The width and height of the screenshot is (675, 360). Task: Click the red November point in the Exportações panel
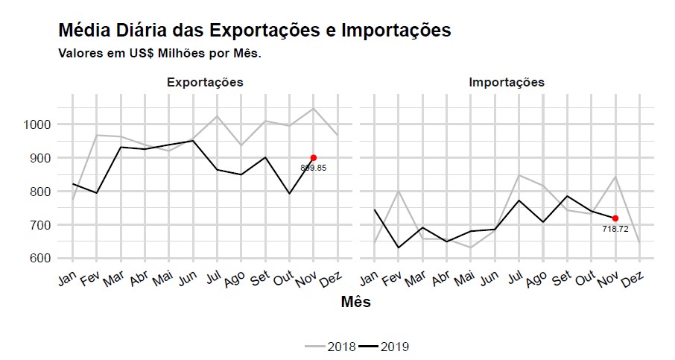[314, 157]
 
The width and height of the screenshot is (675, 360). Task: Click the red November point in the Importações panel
[615, 218]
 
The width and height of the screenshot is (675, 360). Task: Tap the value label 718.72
[615, 229]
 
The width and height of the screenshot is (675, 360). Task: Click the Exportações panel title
[205, 82]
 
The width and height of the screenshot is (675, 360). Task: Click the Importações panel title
[507, 82]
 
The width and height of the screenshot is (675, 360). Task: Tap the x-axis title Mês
[355, 302]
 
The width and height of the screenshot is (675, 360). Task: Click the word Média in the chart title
[84, 31]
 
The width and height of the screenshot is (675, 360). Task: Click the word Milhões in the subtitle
[165, 54]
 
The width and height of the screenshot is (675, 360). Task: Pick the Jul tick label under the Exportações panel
[212, 279]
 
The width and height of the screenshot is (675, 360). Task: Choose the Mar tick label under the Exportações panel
[114, 280]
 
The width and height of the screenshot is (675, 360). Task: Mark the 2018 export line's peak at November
[314, 109]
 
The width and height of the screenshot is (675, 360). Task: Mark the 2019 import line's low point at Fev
[399, 247]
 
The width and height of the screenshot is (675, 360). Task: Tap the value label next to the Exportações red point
[314, 168]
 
